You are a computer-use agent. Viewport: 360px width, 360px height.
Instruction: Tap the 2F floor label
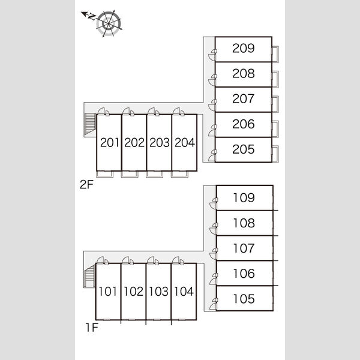[x=86, y=184]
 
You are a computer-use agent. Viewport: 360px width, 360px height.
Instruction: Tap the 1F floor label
[x=92, y=328]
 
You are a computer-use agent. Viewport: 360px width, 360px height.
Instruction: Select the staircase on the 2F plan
[x=90, y=125]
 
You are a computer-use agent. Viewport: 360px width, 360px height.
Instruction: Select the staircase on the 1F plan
[x=90, y=275]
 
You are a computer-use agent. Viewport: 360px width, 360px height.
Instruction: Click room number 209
[x=244, y=48]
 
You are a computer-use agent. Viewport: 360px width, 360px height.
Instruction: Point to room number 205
[x=244, y=149]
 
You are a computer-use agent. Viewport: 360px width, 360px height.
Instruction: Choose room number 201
[x=110, y=142]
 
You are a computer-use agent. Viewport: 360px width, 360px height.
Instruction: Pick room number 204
[x=185, y=142]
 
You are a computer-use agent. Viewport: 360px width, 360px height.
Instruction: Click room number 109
[x=244, y=197]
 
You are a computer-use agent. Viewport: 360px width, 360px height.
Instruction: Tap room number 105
[x=244, y=299]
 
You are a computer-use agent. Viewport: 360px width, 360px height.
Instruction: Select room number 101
[x=107, y=292]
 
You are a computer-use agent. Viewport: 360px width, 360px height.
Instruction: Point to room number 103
[x=158, y=292]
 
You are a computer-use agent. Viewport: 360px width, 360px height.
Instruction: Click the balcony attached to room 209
[x=275, y=55]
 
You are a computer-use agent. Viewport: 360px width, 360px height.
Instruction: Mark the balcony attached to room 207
[x=275, y=104]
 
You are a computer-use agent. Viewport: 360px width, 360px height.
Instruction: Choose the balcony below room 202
[x=130, y=174]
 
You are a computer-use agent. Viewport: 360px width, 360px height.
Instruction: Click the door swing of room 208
[x=212, y=80]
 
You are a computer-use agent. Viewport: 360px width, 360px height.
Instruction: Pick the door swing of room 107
[x=213, y=254]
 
